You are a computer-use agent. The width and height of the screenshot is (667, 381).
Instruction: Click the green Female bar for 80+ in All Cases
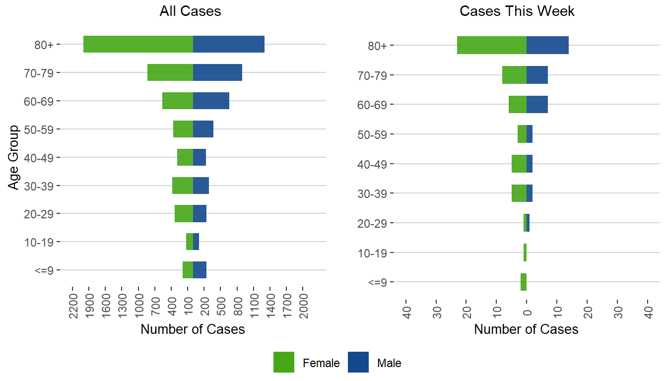point(138,44)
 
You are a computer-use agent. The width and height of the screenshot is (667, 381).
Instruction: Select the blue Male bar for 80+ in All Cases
point(229,44)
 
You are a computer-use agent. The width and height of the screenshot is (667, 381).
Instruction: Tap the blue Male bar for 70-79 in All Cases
point(217,72)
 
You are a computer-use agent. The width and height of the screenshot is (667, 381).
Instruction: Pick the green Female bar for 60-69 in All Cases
point(178,101)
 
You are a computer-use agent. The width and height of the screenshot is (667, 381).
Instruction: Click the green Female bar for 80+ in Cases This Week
point(492,45)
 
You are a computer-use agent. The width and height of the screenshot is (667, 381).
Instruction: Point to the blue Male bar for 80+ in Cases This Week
point(547,45)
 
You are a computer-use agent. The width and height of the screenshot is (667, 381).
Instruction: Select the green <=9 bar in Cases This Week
point(524,282)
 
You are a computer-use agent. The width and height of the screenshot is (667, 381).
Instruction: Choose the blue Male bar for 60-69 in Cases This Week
point(537,104)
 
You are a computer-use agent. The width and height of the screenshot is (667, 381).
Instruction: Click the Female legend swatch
point(284,362)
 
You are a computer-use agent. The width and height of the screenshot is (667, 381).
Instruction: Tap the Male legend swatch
point(358,362)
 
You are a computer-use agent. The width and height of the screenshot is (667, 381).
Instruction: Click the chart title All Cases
point(190,11)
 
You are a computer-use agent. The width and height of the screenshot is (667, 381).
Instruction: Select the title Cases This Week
point(517,11)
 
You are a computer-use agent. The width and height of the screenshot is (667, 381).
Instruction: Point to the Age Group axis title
point(14,157)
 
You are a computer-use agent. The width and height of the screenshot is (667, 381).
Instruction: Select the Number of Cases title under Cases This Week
point(526,329)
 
